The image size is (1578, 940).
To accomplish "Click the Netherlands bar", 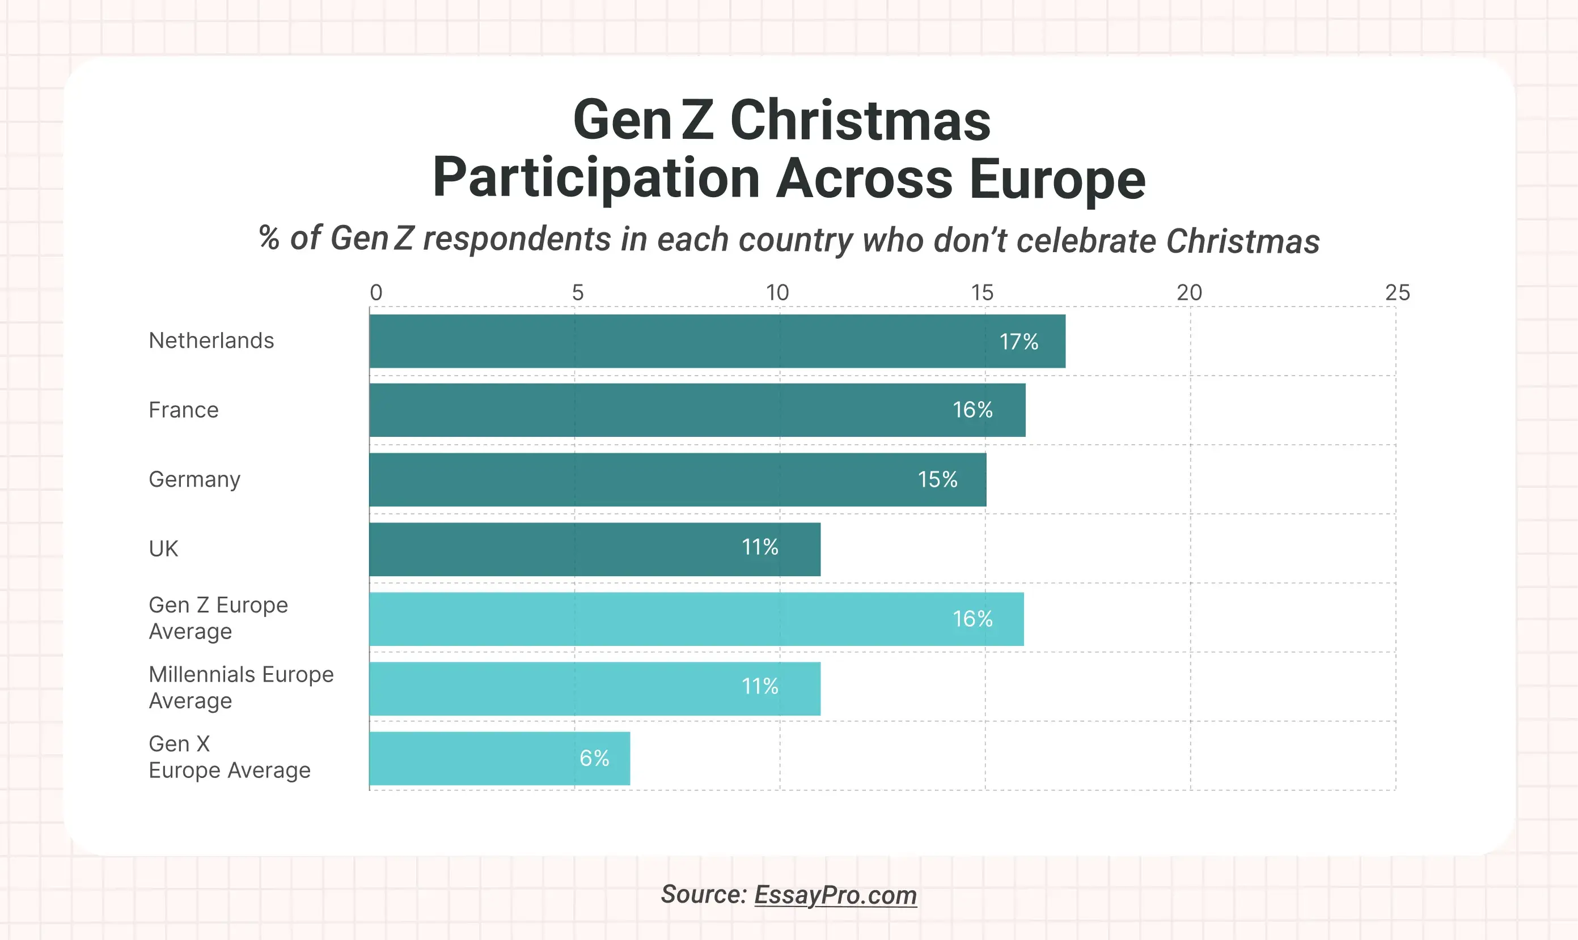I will (716, 342).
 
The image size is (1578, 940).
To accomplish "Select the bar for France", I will (697, 410).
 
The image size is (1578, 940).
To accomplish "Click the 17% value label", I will (1018, 342).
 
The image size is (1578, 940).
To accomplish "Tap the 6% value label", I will (594, 758).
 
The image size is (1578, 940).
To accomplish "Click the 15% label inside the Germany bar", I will (937, 479).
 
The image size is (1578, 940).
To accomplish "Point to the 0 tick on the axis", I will (376, 292).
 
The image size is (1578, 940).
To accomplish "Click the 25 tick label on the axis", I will (1397, 292).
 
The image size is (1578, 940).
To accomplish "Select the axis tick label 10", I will (777, 292).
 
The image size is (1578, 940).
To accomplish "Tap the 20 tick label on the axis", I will (1189, 292).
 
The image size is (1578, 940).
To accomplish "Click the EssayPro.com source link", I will (835, 895).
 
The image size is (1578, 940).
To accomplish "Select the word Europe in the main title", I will (1057, 178).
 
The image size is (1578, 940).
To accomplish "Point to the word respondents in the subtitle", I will (517, 240).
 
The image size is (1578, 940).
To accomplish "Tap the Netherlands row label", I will (211, 341).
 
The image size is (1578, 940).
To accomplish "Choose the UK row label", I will (163, 548).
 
